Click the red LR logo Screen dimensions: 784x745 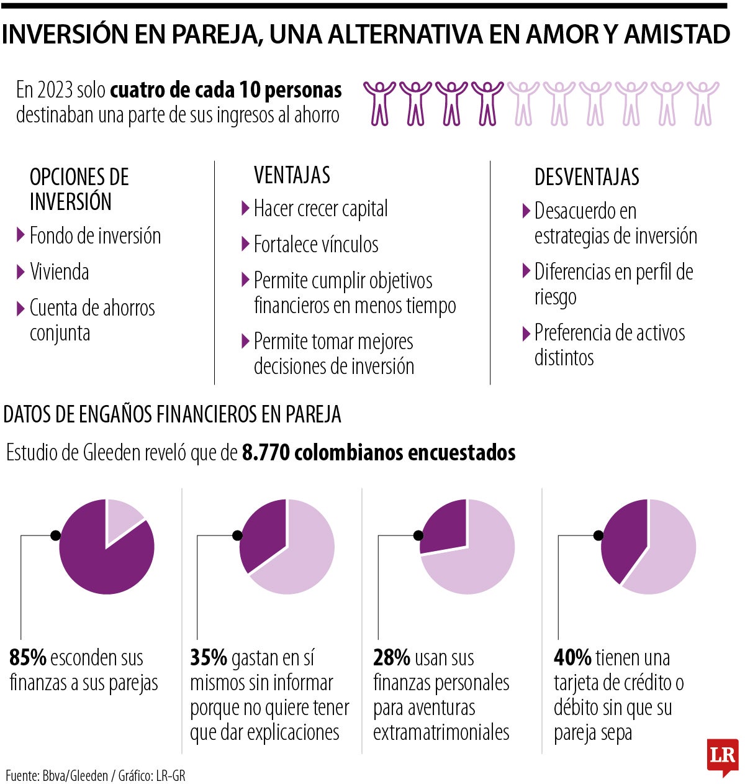click(722, 756)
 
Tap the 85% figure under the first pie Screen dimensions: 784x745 click(28, 657)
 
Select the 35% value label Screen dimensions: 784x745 click(209, 657)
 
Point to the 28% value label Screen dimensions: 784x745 click(392, 657)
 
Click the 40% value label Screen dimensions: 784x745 click(572, 657)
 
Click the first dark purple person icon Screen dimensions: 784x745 click(379, 103)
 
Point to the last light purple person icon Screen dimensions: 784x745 click(703, 103)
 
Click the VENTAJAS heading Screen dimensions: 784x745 click(292, 175)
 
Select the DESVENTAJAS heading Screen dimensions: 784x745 click(587, 177)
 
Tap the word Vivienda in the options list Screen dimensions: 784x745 click(60, 272)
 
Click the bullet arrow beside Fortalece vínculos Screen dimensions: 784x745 click(245, 244)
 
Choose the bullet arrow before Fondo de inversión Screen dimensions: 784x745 click(21, 235)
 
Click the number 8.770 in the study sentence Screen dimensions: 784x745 click(266, 452)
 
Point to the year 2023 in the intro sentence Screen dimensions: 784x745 click(54, 91)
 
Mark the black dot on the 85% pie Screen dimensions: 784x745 click(55, 535)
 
